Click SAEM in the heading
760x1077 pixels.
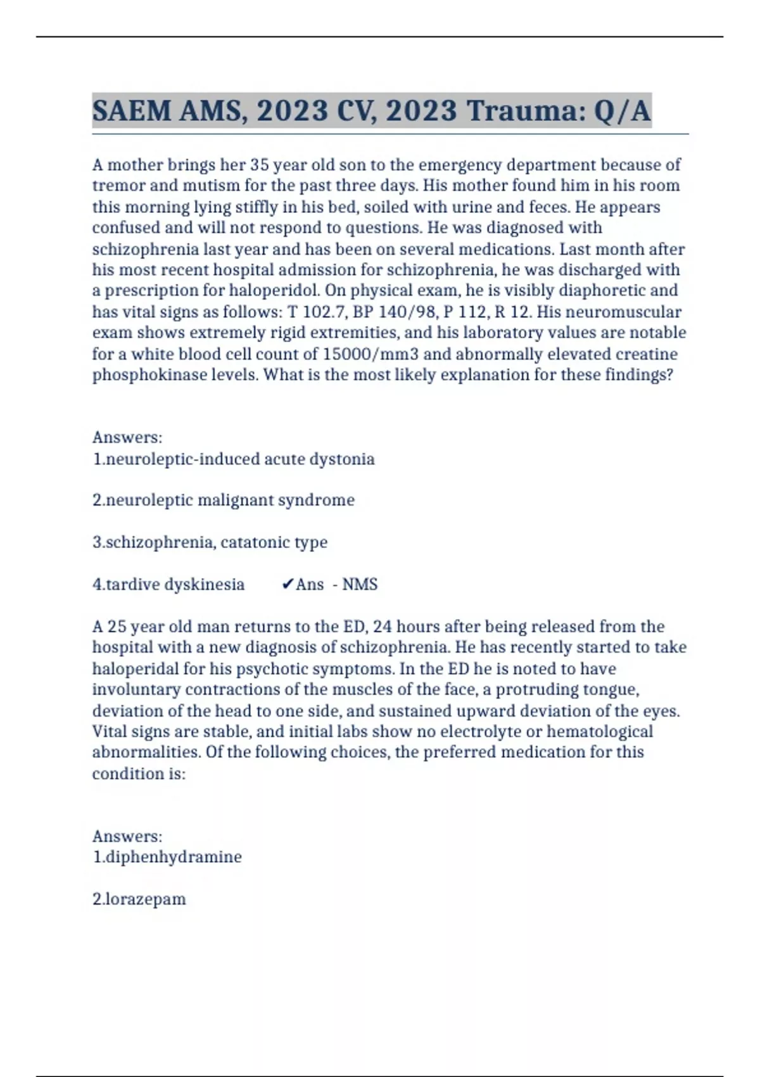pyautogui.click(x=132, y=112)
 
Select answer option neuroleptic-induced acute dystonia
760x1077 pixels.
pyautogui.click(x=234, y=459)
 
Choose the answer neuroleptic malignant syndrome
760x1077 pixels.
pyautogui.click(x=224, y=500)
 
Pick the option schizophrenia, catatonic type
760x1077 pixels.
pyautogui.click(x=210, y=542)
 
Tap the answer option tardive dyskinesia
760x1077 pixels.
pyautogui.click(x=168, y=584)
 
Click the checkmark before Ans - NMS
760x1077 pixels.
pyautogui.click(x=287, y=584)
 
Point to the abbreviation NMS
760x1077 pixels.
pyautogui.click(x=360, y=584)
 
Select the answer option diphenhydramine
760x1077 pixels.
pyautogui.click(x=167, y=857)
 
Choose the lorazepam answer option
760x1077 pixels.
pyautogui.click(x=139, y=899)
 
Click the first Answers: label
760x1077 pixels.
pyautogui.click(x=127, y=438)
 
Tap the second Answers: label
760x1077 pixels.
pyautogui.click(x=127, y=836)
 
